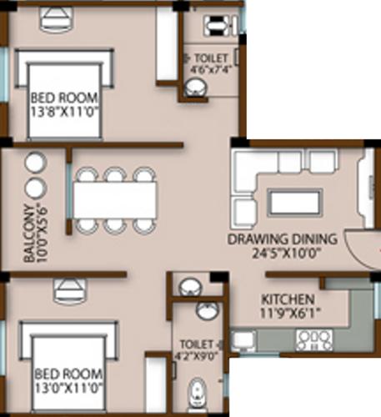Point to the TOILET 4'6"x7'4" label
point(213,63)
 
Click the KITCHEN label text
point(288,299)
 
